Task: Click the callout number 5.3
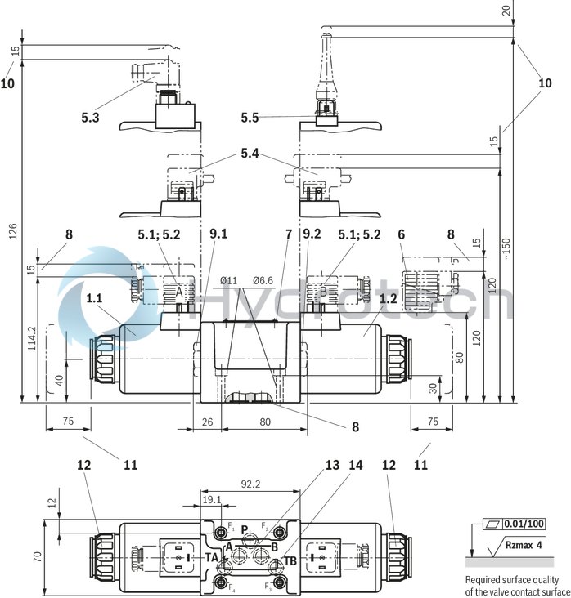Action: point(90,118)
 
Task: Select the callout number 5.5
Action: point(250,118)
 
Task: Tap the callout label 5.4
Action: point(250,154)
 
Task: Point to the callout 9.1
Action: point(218,234)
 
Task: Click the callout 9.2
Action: point(312,234)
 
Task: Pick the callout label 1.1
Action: point(96,299)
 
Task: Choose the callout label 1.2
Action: point(388,299)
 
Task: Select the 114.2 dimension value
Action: point(32,340)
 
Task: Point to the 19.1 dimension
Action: point(211,500)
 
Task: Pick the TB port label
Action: point(290,560)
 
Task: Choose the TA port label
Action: point(210,558)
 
